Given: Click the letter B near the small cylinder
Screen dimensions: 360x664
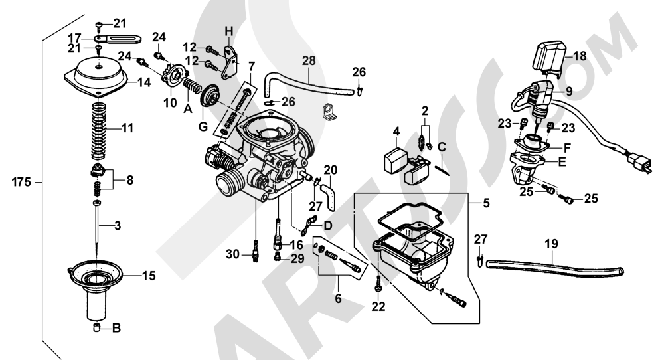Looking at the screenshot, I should [x=117, y=327].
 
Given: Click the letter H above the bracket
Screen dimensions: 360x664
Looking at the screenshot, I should [x=229, y=31].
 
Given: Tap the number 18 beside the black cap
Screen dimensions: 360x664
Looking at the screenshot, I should [x=580, y=56].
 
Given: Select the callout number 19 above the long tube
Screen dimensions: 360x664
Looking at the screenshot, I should [x=552, y=243].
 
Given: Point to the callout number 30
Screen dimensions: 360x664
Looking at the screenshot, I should [x=232, y=253].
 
